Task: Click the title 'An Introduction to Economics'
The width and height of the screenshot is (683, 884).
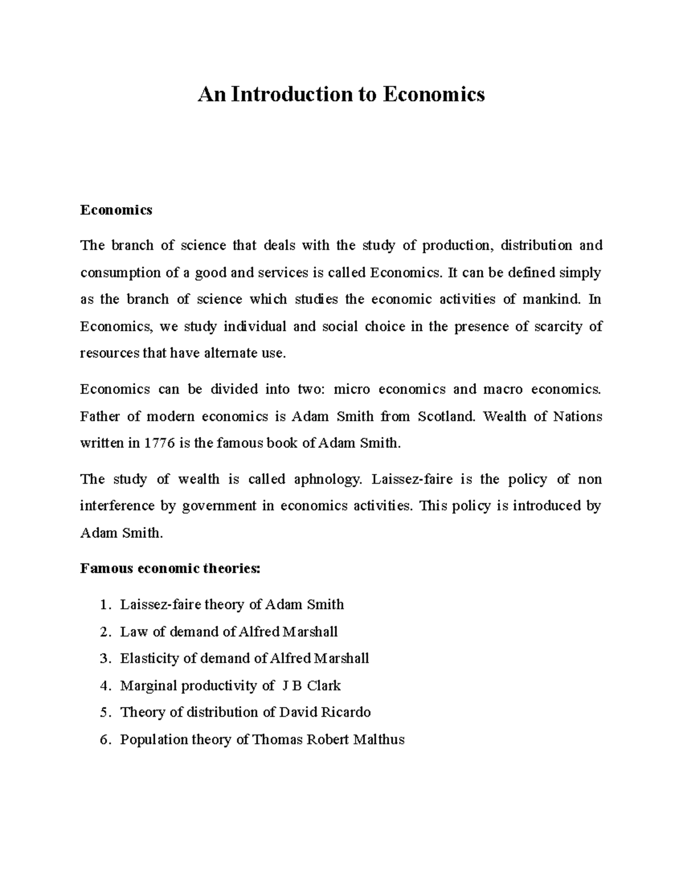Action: pyautogui.click(x=341, y=94)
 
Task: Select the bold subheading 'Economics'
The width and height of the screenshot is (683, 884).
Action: pyautogui.click(x=116, y=210)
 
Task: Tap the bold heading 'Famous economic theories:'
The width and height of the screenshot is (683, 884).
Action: pyautogui.click(x=170, y=568)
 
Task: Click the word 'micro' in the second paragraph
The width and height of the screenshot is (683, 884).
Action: pyautogui.click(x=351, y=389)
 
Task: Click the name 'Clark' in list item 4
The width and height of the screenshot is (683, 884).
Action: pyautogui.click(x=323, y=686)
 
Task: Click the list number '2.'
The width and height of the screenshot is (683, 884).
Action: pyautogui.click(x=104, y=632)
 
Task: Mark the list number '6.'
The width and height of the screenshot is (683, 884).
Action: pyautogui.click(x=104, y=739)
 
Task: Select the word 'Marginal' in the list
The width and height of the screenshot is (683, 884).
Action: pyautogui.click(x=149, y=686)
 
